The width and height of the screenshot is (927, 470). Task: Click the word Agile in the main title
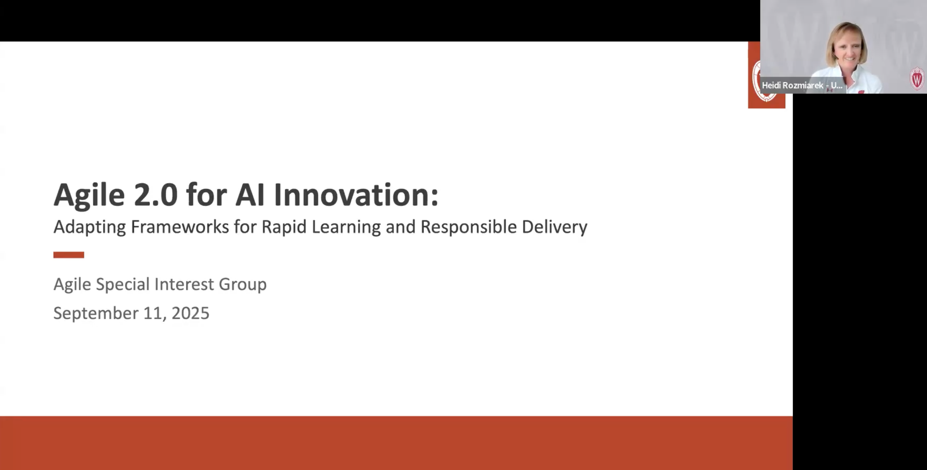coord(89,195)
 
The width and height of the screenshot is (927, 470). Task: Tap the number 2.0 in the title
coord(155,195)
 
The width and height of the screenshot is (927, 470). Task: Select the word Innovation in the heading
coord(356,195)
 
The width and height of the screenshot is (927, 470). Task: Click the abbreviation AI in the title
coord(250,195)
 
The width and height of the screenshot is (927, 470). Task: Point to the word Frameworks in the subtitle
coord(180,227)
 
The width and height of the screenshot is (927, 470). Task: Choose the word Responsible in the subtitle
coord(468,227)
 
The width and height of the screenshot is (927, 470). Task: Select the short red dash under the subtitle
coord(68,255)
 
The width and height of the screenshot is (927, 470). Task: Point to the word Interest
coord(184,284)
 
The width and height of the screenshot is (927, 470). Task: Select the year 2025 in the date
coord(190,313)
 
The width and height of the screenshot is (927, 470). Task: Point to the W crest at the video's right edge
coord(917,78)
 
